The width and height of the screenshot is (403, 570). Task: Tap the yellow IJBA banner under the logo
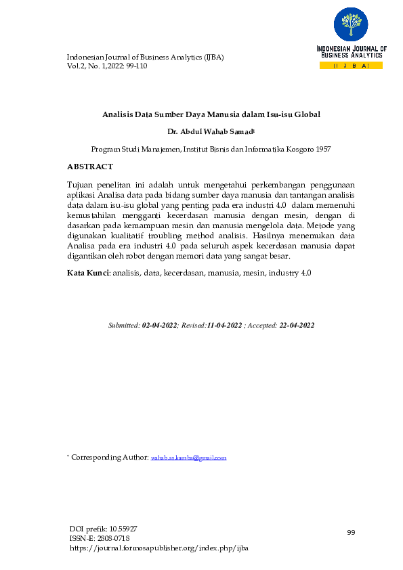(351, 66)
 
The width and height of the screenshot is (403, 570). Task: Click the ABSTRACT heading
(90, 167)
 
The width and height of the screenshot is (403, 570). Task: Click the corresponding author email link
(188, 458)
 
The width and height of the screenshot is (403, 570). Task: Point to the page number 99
(351, 533)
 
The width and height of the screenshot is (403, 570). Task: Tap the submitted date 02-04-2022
(159, 326)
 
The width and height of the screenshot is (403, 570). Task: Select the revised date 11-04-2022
(224, 326)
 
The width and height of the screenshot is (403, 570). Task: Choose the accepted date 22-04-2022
(296, 326)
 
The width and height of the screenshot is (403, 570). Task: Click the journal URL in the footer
(159, 548)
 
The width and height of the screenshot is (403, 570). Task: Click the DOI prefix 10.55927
(127, 528)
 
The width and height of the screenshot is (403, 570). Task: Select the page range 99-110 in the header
(135, 66)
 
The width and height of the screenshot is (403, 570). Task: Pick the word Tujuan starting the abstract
(81, 184)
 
